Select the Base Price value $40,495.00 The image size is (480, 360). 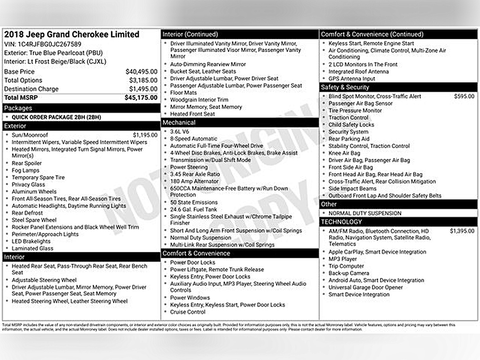[x=141, y=72]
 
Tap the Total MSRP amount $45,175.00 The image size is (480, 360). [x=141, y=97]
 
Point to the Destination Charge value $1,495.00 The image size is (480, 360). [x=143, y=89]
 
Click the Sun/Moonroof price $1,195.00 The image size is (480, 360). [x=145, y=135]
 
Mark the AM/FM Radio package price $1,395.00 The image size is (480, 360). [x=462, y=231]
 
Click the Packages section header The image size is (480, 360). [x=18, y=108]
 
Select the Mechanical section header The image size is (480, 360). [x=179, y=122]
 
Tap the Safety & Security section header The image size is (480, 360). [x=345, y=87]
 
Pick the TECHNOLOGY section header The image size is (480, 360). [x=342, y=222]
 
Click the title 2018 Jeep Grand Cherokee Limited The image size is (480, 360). [x=72, y=34]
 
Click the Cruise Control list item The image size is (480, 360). [x=188, y=312]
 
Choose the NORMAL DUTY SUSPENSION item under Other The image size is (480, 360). [x=365, y=213]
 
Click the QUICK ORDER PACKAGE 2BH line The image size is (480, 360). [x=56, y=117]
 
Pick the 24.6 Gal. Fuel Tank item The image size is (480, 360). [x=193, y=209]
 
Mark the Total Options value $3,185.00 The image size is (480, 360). [x=143, y=80]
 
